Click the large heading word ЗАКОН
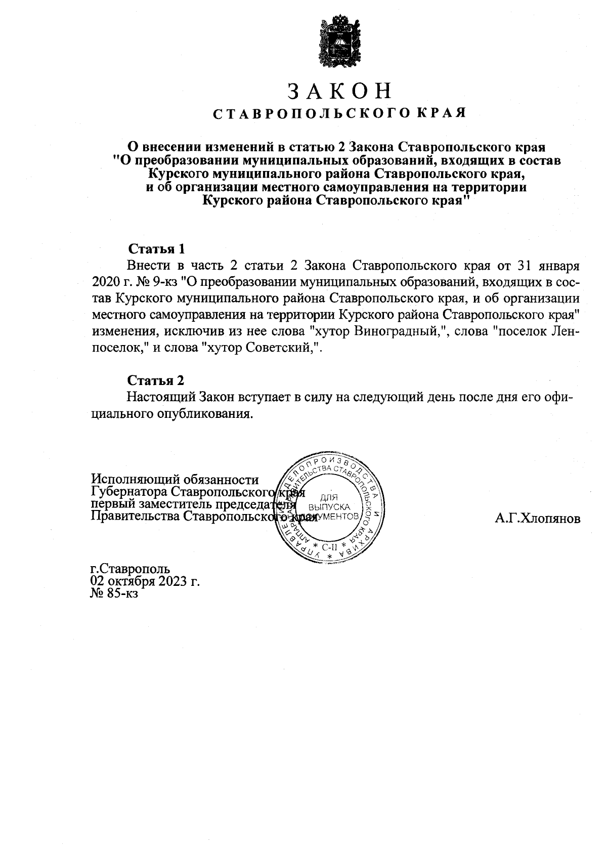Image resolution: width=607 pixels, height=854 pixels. coord(340,91)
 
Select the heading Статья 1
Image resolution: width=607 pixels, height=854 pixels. coord(156,249)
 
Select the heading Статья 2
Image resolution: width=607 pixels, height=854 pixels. coord(156,380)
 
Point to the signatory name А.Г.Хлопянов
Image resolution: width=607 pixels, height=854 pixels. coord(537,519)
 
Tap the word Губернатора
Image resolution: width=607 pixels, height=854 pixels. coord(129,492)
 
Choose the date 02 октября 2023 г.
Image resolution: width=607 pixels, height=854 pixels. coord(145,581)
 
